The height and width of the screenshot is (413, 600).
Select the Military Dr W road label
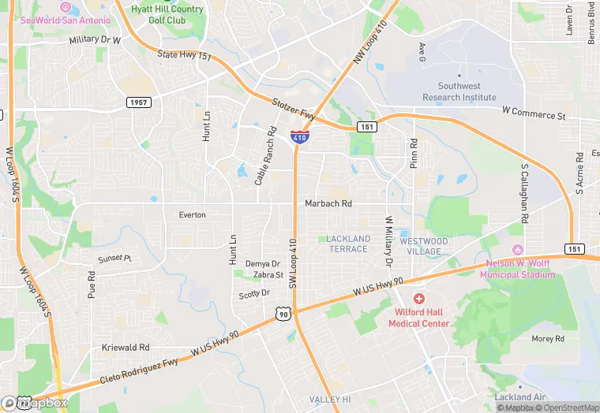[x=95, y=39]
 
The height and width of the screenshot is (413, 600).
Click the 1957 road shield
[x=138, y=102]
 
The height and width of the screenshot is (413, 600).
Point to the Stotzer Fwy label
[x=293, y=110]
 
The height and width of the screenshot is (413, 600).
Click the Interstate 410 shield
[x=299, y=137]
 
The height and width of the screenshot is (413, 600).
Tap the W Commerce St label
[x=534, y=115]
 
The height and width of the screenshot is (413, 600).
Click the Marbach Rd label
[x=328, y=203]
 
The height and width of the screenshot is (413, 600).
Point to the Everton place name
[x=192, y=214]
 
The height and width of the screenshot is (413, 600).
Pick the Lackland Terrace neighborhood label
[x=348, y=244]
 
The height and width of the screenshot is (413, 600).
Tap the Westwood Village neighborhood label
[x=424, y=247]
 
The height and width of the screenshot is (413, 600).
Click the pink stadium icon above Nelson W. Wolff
[x=518, y=249]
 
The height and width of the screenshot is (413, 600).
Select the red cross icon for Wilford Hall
[x=419, y=300]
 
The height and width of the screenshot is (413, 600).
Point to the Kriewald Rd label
[x=126, y=347]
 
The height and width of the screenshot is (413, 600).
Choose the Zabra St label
[x=268, y=275]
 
